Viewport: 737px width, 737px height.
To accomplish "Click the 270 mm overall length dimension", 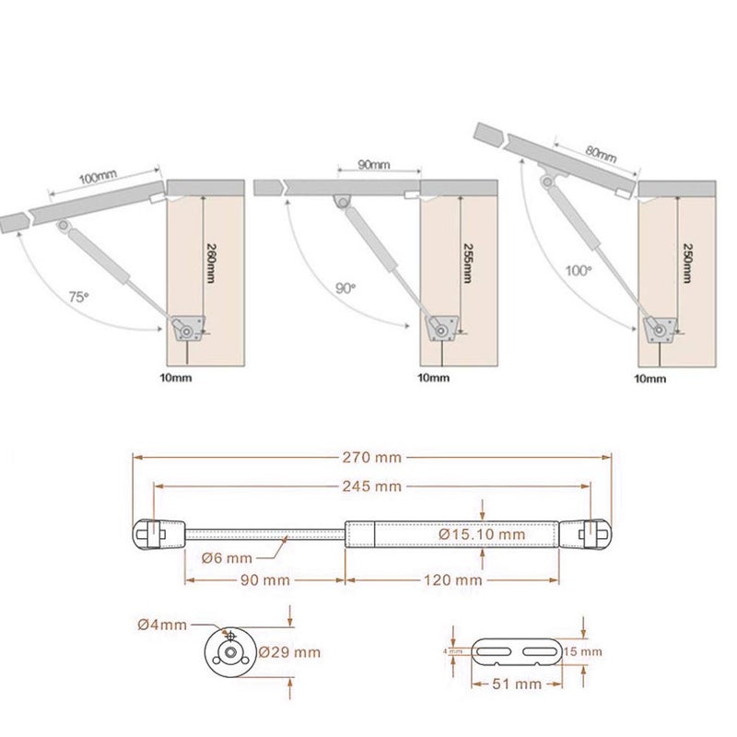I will (373, 455).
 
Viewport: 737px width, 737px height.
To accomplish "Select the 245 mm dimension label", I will (373, 485).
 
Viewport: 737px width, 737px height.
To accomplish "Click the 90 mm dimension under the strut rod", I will (264, 580).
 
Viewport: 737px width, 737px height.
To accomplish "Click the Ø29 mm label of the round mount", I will (289, 652).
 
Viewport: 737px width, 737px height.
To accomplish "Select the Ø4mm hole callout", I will (162, 625).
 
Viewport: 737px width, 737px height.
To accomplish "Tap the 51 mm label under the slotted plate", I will (516, 684).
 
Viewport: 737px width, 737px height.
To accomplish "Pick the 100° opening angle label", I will (579, 273).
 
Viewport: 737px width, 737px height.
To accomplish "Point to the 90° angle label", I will (345, 287).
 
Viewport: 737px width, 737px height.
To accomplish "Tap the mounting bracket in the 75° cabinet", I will (188, 330).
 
